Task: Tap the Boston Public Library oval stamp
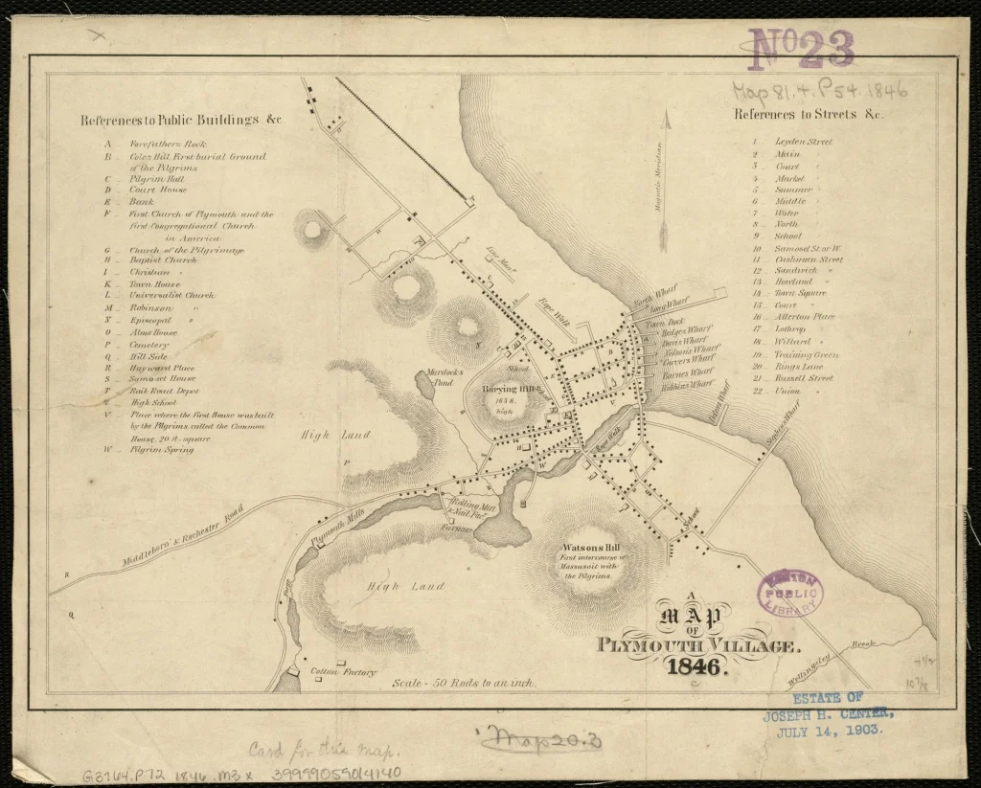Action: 790,594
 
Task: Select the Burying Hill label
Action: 513,390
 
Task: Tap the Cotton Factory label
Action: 345,672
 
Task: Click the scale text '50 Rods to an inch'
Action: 465,684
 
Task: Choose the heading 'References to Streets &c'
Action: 809,114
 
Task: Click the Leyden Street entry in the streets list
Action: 803,142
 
